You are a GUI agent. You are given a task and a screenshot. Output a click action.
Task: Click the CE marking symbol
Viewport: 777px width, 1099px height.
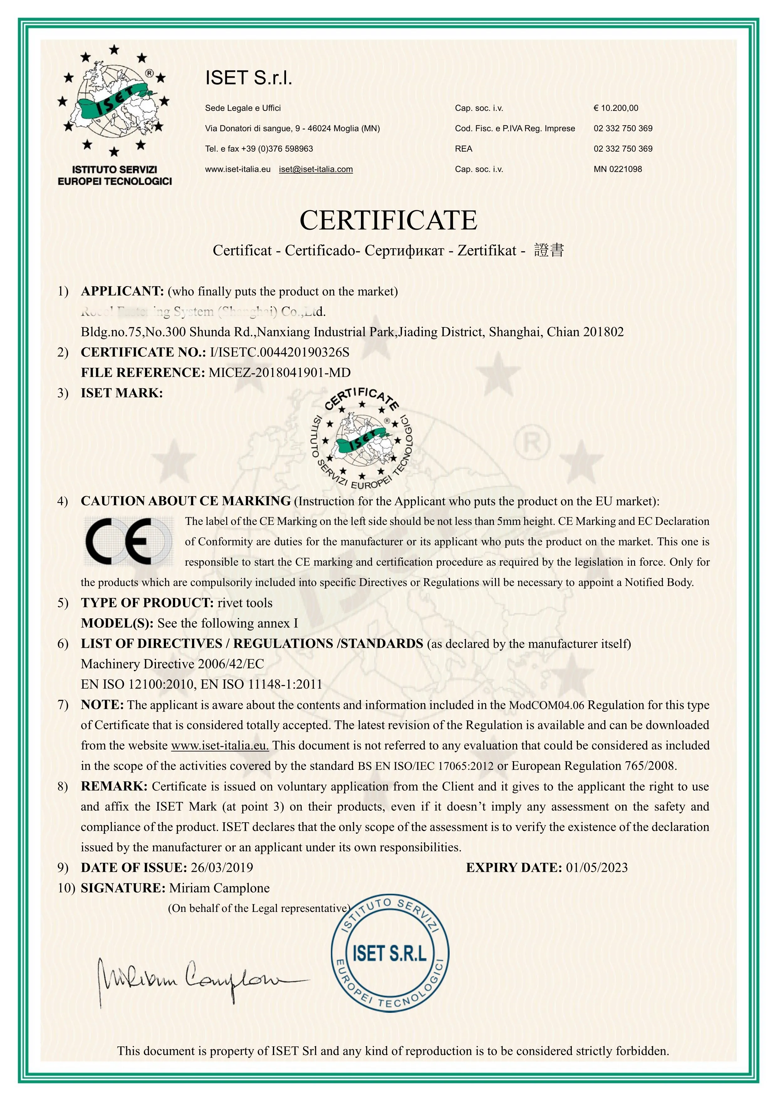pyautogui.click(x=128, y=541)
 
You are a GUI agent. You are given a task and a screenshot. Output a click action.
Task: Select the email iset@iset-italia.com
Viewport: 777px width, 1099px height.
pyautogui.click(x=316, y=169)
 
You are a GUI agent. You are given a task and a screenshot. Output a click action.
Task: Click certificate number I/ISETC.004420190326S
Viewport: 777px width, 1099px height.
pyautogui.click(x=279, y=352)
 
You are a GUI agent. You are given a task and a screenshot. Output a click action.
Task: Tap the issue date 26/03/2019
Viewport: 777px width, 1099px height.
pyautogui.click(x=222, y=867)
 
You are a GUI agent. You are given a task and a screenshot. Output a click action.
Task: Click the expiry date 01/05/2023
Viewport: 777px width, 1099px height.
pyautogui.click(x=596, y=867)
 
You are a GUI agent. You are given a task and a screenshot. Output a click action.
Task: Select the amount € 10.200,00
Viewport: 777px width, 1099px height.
pyautogui.click(x=616, y=108)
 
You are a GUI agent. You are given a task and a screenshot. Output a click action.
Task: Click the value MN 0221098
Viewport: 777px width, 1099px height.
pyautogui.click(x=618, y=169)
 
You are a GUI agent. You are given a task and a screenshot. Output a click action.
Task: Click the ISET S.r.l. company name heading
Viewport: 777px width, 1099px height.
pyautogui.click(x=249, y=77)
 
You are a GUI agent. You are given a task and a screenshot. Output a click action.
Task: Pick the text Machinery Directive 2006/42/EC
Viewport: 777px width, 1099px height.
pyautogui.click(x=172, y=664)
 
